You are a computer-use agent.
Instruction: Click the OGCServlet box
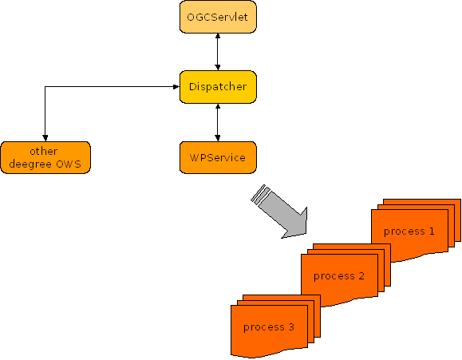tap(218, 17)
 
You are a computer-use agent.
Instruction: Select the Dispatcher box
tap(218, 87)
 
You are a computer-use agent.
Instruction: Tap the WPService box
tap(218, 157)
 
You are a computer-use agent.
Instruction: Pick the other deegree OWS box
tap(45, 157)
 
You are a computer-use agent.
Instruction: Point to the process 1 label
tap(409, 231)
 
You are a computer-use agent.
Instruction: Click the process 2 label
tap(339, 276)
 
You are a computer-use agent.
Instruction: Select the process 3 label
tap(269, 327)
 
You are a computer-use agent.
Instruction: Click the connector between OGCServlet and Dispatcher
tap(218, 52)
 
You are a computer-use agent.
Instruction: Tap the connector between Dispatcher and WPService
tap(218, 122)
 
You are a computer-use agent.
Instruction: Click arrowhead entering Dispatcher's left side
tap(176, 87)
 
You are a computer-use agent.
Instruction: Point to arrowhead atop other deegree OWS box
tap(45, 138)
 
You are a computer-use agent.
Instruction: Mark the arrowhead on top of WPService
tap(218, 138)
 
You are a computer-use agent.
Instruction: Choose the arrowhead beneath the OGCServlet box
tap(218, 36)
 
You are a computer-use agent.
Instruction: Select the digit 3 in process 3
tap(291, 326)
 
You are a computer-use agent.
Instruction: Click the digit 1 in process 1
tap(432, 231)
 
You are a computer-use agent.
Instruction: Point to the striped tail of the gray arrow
tap(260, 194)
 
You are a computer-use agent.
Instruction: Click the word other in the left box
tap(44, 151)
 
